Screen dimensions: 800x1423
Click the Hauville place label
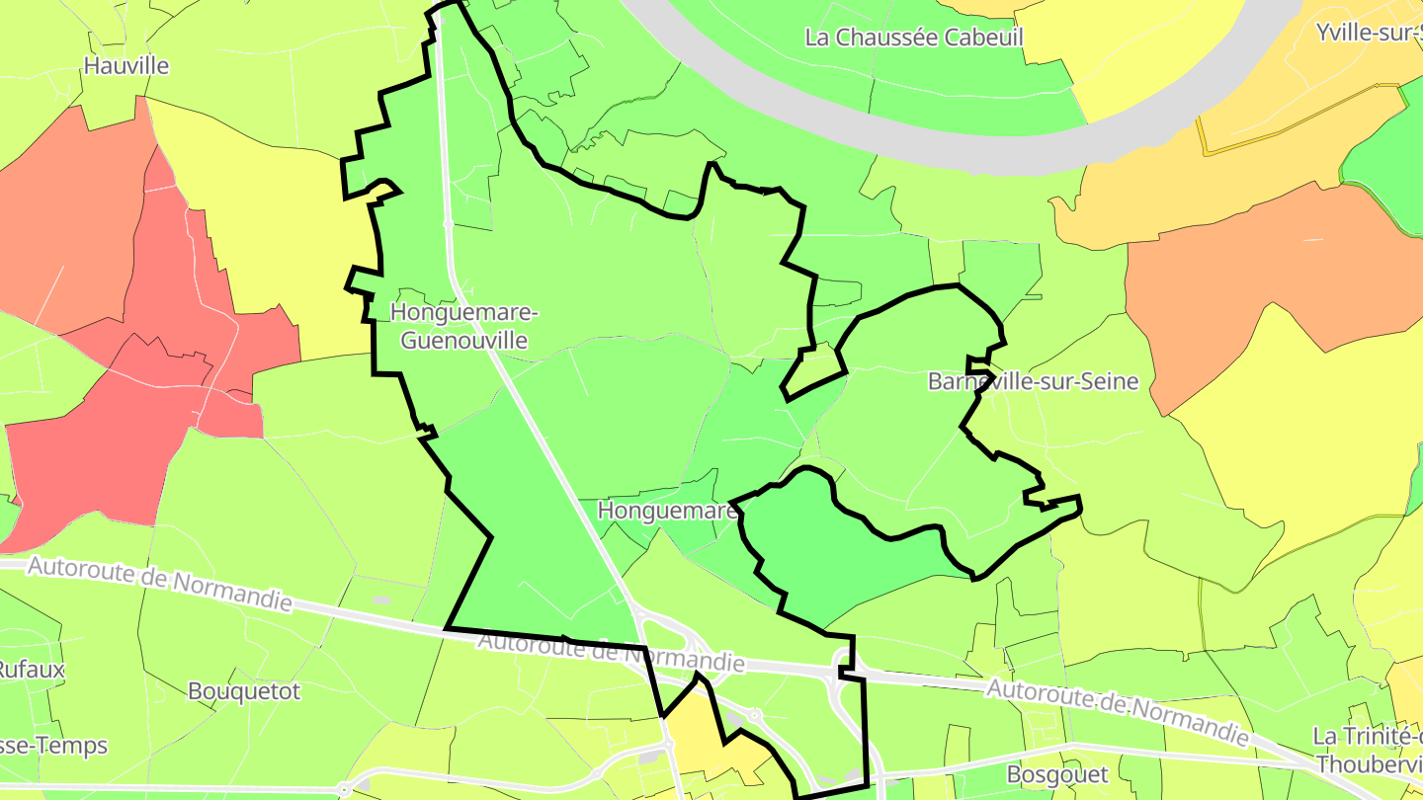click(x=126, y=66)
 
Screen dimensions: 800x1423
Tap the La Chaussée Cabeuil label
click(x=914, y=38)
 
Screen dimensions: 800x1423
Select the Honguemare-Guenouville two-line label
click(x=464, y=326)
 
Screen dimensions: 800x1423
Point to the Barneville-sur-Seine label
click(x=1033, y=381)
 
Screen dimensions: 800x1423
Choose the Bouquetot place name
click(x=243, y=690)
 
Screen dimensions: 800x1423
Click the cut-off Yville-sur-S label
click(x=1369, y=33)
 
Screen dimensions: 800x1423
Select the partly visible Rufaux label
click(x=32, y=669)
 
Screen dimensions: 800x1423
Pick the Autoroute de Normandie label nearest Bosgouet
click(x=1118, y=713)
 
